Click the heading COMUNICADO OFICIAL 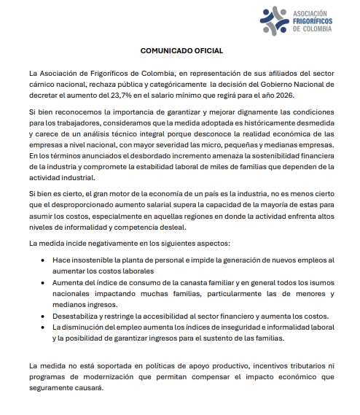click(x=181, y=51)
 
